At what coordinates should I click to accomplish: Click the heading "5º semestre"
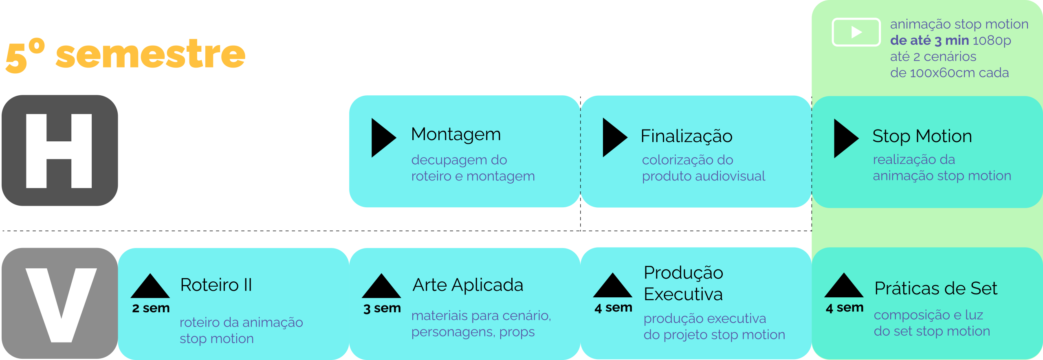(x=125, y=55)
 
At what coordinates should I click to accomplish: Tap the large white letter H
(x=59, y=151)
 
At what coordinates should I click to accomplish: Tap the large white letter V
(x=61, y=305)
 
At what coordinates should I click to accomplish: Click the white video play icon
(x=856, y=32)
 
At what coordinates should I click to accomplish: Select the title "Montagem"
(x=456, y=134)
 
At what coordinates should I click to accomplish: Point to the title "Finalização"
(x=687, y=136)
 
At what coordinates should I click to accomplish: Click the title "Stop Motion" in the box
(x=922, y=136)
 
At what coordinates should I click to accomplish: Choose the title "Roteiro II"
(x=216, y=285)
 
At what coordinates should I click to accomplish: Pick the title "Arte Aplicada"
(x=468, y=285)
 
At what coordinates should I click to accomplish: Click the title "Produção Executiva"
(x=683, y=283)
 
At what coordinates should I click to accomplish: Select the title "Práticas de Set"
(x=936, y=288)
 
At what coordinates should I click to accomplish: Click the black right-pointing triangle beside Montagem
(x=382, y=138)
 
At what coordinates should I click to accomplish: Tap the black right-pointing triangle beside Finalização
(x=614, y=138)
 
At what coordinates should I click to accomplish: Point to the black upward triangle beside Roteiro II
(x=150, y=287)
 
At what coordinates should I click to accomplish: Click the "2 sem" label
(x=151, y=308)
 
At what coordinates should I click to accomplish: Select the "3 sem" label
(x=382, y=308)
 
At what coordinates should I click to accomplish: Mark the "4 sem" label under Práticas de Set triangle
(x=845, y=307)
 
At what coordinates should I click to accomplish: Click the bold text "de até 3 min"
(x=929, y=40)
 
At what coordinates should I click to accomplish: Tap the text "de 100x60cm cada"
(x=949, y=73)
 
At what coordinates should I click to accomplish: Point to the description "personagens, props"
(x=473, y=332)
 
